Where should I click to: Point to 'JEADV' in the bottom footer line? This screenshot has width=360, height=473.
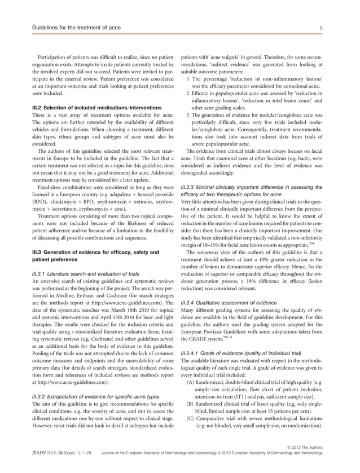(x=29, y=467)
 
